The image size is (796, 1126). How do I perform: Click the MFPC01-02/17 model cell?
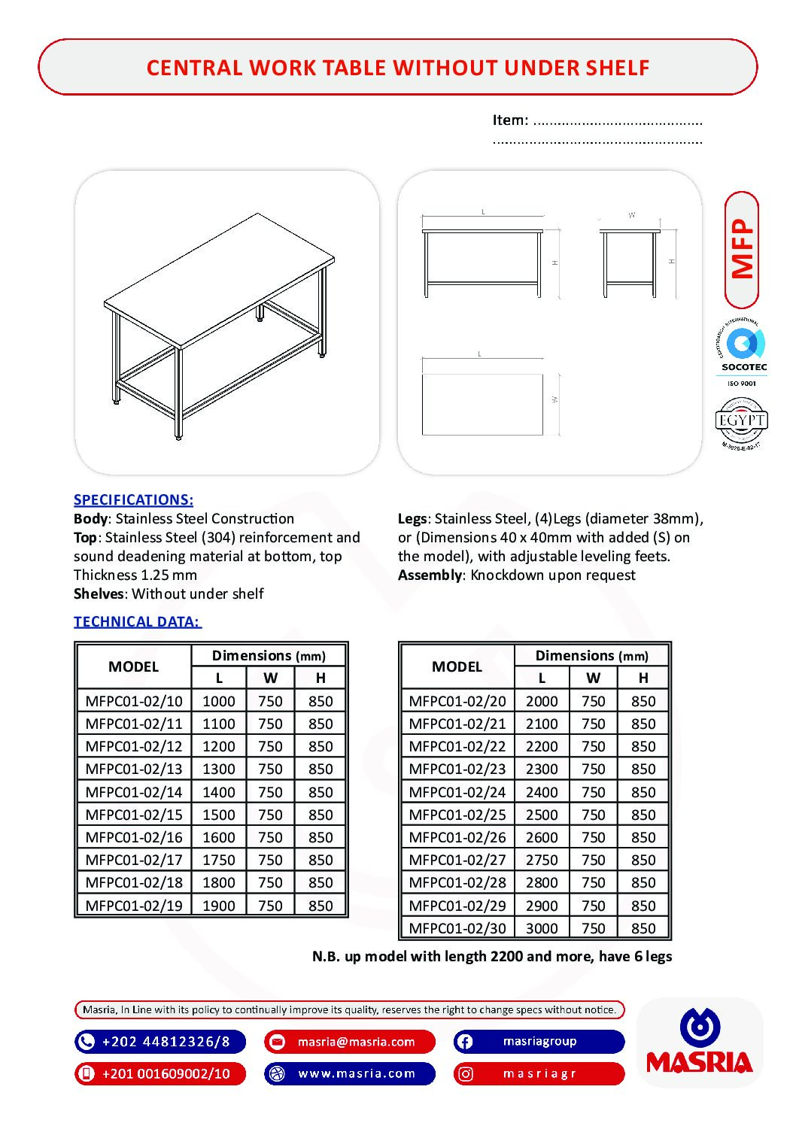click(x=134, y=860)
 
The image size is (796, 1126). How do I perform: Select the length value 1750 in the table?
click(x=218, y=860)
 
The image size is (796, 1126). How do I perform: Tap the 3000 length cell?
click(x=542, y=928)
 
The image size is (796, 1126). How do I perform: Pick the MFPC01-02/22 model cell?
click(x=457, y=746)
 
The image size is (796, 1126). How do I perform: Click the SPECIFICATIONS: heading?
click(x=133, y=499)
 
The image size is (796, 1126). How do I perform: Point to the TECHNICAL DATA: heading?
click(x=137, y=621)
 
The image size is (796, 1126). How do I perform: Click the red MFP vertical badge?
click(x=742, y=250)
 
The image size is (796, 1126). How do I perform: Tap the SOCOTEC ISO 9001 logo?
click(x=742, y=354)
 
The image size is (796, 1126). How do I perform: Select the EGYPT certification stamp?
click(x=741, y=423)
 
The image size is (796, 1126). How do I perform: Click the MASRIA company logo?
click(x=700, y=1043)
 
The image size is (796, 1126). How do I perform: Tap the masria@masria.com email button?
click(x=350, y=1042)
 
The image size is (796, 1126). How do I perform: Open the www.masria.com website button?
click(x=350, y=1073)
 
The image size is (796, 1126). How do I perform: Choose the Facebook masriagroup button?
click(x=539, y=1042)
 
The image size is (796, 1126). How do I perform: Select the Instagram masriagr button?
click(x=539, y=1073)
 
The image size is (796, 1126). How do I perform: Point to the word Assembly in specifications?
click(x=430, y=575)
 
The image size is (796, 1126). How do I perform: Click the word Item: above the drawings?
click(x=510, y=120)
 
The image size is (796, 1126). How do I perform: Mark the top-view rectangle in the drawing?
click(x=482, y=404)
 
